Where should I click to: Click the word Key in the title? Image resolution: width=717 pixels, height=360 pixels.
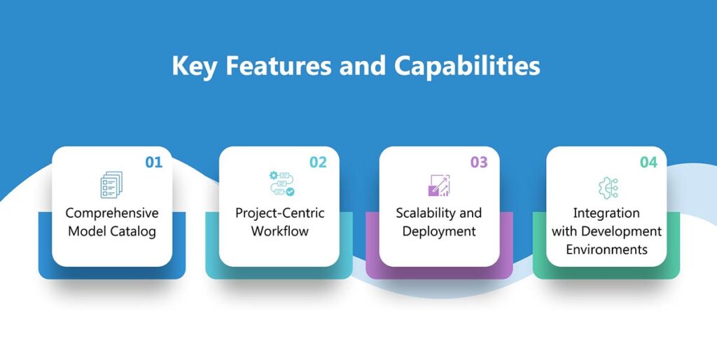(193, 67)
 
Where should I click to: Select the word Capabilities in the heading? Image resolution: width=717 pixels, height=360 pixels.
(466, 67)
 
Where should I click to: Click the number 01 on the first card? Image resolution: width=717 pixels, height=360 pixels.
(153, 162)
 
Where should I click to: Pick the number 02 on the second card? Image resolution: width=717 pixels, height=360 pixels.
(319, 162)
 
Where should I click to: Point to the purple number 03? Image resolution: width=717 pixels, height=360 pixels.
(478, 162)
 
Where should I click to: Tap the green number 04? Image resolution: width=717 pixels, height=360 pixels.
(648, 162)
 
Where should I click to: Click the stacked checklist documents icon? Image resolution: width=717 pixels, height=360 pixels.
(111, 185)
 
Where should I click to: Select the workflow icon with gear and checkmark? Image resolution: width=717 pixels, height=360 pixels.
(281, 184)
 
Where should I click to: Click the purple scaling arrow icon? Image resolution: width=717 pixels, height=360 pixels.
(438, 185)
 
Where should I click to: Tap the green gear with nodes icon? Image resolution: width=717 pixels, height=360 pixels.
(606, 186)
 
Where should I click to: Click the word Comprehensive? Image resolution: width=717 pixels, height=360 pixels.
(112, 213)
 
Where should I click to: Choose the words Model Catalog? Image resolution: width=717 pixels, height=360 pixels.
(112, 231)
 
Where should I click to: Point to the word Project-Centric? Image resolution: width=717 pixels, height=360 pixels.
(280, 213)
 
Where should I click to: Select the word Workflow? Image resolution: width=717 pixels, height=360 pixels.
(280, 231)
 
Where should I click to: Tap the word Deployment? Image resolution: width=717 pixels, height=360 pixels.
(439, 231)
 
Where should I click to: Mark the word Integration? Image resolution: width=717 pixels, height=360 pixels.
(606, 213)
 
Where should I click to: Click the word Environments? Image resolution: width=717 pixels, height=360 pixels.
(606, 249)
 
